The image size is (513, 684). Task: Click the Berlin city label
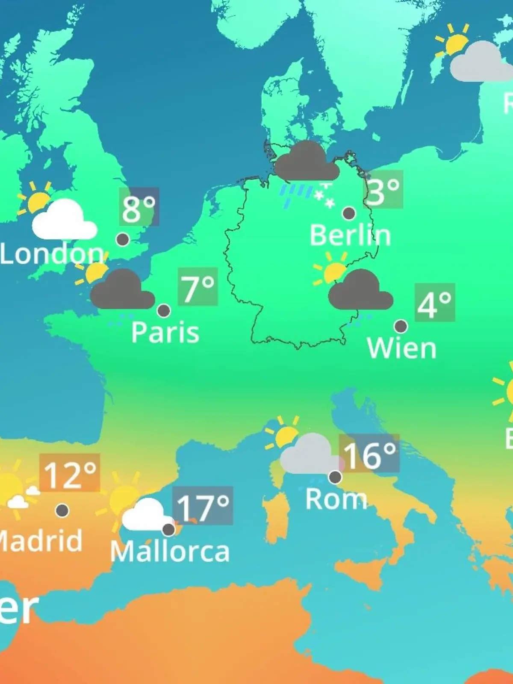point(350,236)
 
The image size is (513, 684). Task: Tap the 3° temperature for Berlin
point(383,190)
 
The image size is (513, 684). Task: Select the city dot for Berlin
point(349,213)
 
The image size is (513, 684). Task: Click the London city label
point(52,254)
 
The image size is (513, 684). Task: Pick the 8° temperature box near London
point(139,207)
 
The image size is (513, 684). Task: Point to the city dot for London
point(123,239)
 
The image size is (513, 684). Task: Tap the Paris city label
point(165,332)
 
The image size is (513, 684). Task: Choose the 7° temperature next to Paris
point(198,286)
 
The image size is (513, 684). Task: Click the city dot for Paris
point(164,310)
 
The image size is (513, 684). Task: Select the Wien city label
point(401,348)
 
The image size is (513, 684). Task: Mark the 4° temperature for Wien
point(434,303)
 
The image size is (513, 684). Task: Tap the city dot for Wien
point(401,326)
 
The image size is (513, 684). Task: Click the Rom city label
point(336,499)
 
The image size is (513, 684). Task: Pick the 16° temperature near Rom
point(369,454)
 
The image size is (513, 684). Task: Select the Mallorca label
point(170,551)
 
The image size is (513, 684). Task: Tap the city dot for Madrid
point(62,510)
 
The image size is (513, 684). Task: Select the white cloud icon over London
point(64,220)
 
